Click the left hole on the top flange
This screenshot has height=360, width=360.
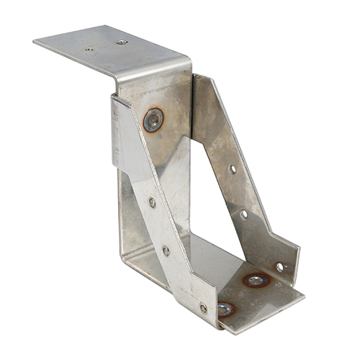[x=89, y=50]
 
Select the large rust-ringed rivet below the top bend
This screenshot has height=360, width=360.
[x=153, y=120]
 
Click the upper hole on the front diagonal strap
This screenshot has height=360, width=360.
[x=152, y=202]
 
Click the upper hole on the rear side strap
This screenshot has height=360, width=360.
[x=232, y=169]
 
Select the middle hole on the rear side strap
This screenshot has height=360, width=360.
[x=243, y=214]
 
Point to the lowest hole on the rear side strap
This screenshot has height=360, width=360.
[x=279, y=266]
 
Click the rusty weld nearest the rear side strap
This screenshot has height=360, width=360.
[x=256, y=279]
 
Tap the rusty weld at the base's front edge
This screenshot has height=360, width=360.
[x=225, y=309]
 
